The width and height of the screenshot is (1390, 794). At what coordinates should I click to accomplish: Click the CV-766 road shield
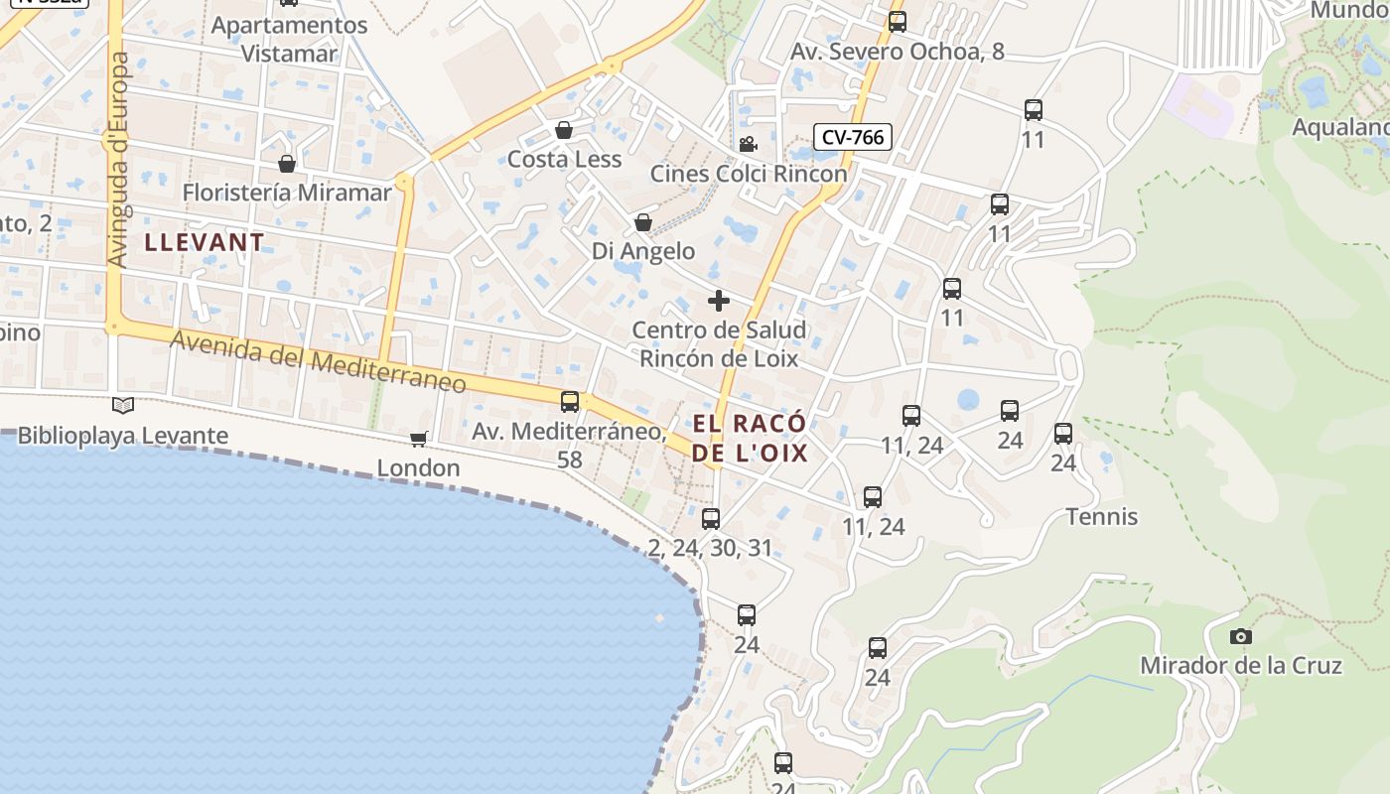[853, 137]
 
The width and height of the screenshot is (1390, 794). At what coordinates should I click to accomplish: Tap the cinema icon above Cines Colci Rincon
[748, 144]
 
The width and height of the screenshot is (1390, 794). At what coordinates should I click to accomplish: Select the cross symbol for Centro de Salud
[719, 300]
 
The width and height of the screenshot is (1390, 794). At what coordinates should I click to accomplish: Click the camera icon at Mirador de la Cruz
[1240, 636]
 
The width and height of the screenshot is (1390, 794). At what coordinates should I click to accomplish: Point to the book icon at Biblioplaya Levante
[123, 405]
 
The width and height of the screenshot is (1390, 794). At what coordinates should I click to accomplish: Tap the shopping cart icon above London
[419, 439]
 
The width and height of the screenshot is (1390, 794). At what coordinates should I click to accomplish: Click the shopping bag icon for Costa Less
[564, 130]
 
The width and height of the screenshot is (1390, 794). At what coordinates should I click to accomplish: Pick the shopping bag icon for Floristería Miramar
[287, 163]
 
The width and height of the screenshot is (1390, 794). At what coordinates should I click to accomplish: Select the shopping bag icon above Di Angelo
[643, 222]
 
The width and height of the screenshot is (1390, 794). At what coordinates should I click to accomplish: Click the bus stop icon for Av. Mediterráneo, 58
[570, 402]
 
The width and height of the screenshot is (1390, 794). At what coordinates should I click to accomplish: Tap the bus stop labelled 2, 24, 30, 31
[711, 518]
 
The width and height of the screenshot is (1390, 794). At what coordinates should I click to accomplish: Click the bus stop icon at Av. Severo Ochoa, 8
[898, 21]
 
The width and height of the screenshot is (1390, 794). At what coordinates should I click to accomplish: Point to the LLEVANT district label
[205, 242]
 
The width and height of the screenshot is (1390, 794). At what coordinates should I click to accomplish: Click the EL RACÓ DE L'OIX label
[750, 439]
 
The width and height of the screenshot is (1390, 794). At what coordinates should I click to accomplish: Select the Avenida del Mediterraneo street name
[318, 363]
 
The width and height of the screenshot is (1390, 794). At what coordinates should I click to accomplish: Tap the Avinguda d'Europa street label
[119, 159]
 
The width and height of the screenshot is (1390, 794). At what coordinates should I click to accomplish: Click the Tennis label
[1102, 516]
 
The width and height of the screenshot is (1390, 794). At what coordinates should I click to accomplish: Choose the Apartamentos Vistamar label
[290, 39]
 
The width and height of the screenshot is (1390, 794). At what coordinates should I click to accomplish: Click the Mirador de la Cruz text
[1241, 666]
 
